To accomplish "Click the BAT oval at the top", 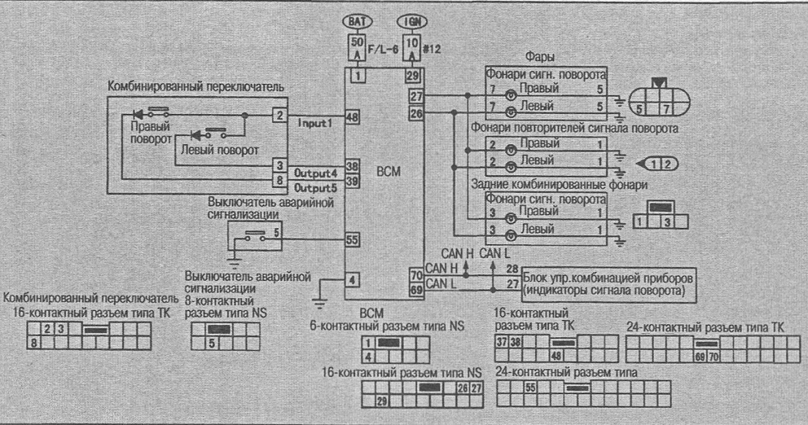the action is [x=357, y=21].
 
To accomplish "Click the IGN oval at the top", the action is [x=412, y=21].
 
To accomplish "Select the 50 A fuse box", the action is [x=357, y=48].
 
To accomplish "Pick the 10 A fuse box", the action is [x=412, y=48].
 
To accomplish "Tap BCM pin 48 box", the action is [x=353, y=118].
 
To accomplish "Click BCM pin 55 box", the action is [x=353, y=240].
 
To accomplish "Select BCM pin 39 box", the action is [x=353, y=181].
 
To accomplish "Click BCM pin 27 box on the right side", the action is [x=416, y=96].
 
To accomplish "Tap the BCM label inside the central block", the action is [x=389, y=172].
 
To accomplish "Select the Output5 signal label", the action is [x=314, y=187].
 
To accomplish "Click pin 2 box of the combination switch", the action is [x=279, y=115].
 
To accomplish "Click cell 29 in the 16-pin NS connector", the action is [x=382, y=401].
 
